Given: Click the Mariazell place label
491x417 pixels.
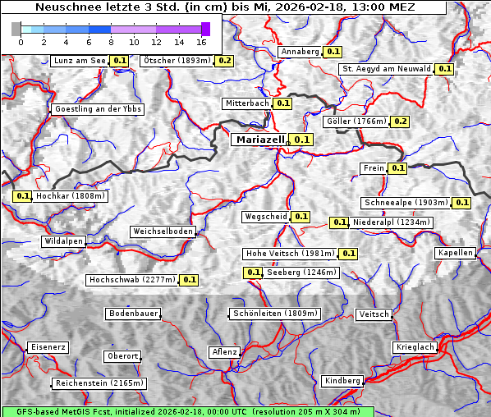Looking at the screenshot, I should click(259, 140).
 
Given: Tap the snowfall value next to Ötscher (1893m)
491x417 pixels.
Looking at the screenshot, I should click(224, 61).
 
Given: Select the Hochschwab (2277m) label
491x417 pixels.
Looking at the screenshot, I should click(132, 280).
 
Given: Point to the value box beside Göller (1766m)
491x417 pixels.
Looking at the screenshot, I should click(400, 121).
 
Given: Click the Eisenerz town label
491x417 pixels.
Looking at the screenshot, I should click(48, 348).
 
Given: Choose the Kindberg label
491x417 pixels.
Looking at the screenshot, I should click(342, 381).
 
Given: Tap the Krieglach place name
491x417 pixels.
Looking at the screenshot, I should click(415, 348).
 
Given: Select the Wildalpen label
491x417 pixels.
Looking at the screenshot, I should click(64, 242).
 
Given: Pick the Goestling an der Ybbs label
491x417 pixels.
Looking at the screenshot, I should click(98, 109).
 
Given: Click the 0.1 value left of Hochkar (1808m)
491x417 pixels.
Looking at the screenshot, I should click(22, 197).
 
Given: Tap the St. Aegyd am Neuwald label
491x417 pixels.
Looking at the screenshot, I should click(386, 69).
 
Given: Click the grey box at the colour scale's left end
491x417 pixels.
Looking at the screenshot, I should click(16, 29).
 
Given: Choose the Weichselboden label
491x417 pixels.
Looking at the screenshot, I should click(163, 232).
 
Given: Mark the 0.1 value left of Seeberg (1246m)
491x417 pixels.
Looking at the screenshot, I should click(253, 273).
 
